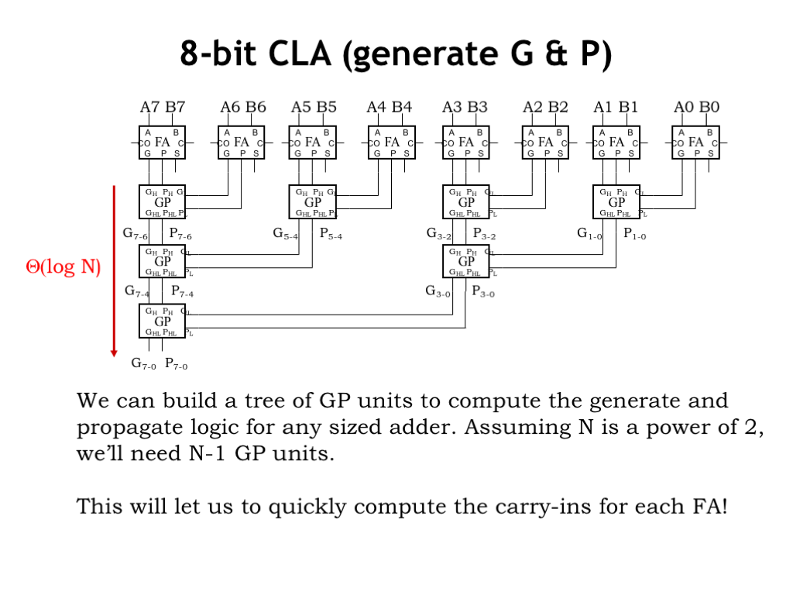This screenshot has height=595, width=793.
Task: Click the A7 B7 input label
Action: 163,107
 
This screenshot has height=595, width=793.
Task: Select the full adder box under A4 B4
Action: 392,143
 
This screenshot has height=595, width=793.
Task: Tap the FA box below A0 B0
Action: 695,143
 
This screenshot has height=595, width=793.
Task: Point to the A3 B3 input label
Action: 465,107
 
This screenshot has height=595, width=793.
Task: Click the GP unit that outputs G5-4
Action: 312,202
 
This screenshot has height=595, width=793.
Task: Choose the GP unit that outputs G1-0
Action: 616,202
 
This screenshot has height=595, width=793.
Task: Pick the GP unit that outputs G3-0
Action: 466,261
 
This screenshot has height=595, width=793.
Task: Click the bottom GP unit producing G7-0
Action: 163,321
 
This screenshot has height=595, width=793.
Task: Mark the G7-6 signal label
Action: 135,232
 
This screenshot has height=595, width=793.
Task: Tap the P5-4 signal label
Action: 331,232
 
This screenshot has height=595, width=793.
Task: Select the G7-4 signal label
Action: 137,292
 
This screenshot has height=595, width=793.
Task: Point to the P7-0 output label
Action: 176,363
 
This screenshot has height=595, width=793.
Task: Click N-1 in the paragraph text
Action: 207,453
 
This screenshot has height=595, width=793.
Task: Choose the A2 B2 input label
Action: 545,107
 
